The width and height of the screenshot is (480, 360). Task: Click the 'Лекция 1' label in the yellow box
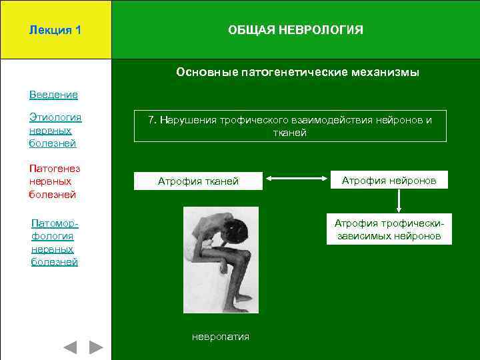(55, 30)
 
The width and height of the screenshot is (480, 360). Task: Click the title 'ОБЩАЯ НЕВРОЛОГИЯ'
(295, 30)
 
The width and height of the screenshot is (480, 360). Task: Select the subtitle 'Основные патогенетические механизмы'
(297, 72)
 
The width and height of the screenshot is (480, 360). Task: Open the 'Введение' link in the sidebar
(53, 95)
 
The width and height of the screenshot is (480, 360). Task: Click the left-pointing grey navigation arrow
(69, 347)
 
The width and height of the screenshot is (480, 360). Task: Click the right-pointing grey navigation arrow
(96, 347)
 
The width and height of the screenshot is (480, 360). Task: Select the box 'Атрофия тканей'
(197, 181)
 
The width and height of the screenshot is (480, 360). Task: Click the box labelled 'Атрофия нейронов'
(389, 180)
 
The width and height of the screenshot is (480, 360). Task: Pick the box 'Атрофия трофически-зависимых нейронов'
(389, 229)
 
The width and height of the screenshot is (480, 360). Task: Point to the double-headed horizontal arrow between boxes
(297, 179)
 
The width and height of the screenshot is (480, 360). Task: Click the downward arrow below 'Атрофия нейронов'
(398, 201)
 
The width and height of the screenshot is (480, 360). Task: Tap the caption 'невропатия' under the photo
(220, 337)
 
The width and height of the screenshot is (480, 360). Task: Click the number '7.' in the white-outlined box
(153, 120)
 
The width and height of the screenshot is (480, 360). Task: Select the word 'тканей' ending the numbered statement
(290, 133)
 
